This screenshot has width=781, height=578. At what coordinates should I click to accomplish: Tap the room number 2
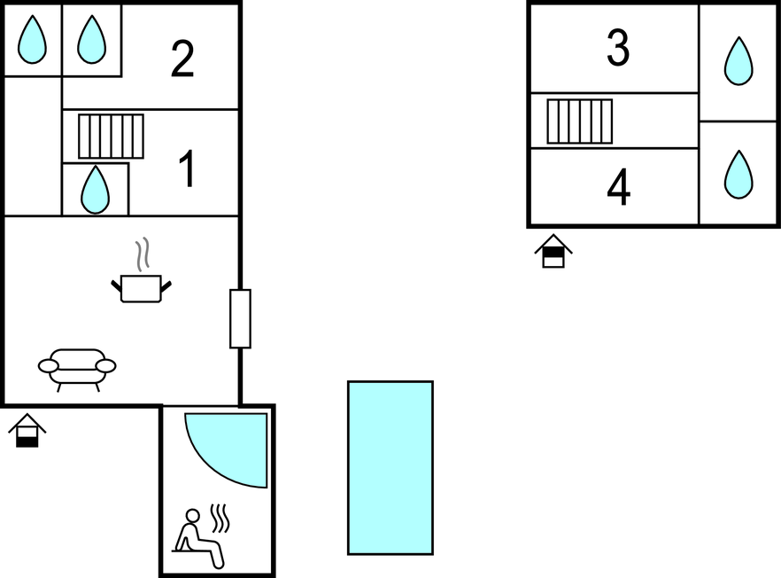[x=182, y=59]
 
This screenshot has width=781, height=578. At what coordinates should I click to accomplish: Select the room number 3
[x=618, y=47]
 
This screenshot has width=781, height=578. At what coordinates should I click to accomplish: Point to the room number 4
[x=619, y=187]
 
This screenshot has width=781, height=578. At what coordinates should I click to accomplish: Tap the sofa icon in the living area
[x=77, y=370]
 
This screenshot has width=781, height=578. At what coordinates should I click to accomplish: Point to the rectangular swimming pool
[x=390, y=468]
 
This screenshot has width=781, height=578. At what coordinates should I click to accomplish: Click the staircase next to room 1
[x=111, y=137]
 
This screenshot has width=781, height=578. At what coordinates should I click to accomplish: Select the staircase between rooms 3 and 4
[x=580, y=121]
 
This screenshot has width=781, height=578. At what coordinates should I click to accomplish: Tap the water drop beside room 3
[x=738, y=61]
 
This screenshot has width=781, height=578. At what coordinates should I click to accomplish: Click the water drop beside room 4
[x=738, y=175]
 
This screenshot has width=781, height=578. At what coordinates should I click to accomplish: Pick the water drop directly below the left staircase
[x=95, y=190]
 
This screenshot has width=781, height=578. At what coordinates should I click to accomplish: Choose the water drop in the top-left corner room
[x=33, y=39]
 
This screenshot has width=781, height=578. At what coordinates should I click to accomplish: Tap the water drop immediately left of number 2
[x=92, y=39]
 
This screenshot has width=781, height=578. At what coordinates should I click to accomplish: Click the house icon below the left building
[x=27, y=430]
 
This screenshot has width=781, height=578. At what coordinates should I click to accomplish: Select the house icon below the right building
[x=553, y=251]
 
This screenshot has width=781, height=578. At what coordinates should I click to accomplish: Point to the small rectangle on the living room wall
[x=240, y=318]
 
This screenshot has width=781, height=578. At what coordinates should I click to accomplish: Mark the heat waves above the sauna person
[x=220, y=518]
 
